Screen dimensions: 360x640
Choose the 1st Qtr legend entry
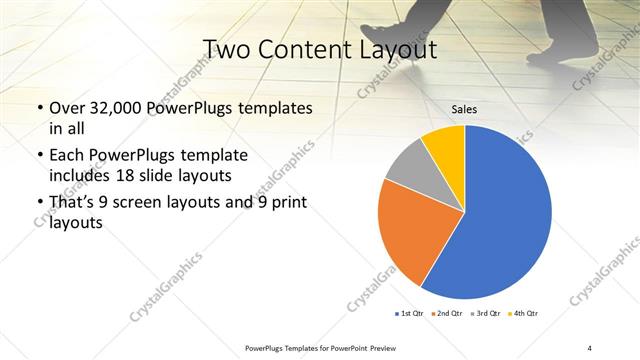click(x=409, y=314)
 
